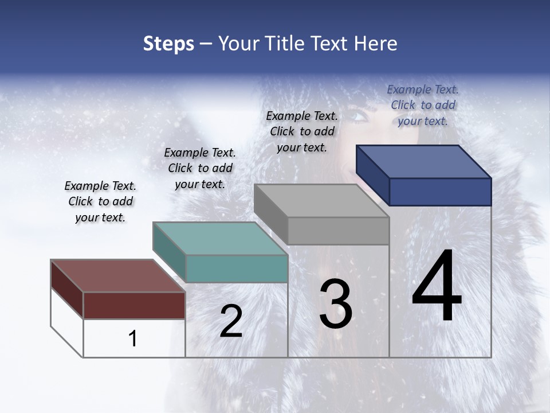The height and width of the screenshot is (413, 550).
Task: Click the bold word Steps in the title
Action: (168, 44)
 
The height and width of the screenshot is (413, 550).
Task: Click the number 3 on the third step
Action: (336, 304)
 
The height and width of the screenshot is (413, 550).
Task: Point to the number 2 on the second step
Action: (231, 321)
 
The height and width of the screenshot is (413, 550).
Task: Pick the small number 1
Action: (133, 339)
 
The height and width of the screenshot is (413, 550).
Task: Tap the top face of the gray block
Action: (321, 201)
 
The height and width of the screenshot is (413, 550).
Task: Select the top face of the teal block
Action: (220, 239)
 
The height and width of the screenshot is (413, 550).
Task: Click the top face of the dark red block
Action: (118, 276)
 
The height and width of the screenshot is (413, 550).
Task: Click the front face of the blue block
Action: (440, 192)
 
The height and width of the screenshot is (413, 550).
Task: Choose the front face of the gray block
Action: (338, 231)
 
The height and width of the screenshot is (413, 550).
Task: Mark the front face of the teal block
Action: (237, 268)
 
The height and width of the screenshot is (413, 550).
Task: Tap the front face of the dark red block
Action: (134, 305)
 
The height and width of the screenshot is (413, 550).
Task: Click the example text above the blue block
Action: (423, 105)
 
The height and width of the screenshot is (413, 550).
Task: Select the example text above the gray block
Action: (302, 131)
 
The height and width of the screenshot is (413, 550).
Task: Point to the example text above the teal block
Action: (200, 168)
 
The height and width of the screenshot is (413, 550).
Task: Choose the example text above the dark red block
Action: (100, 201)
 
